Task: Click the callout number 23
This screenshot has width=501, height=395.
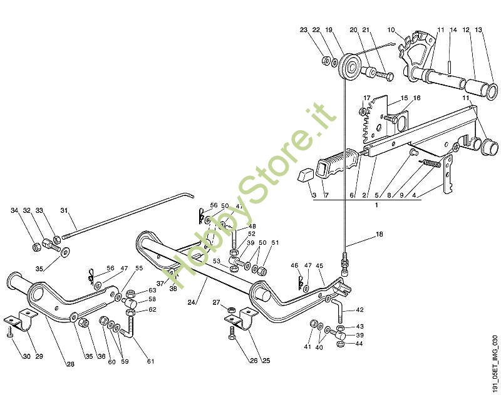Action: click(x=304, y=29)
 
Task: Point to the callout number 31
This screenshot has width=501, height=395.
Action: click(x=64, y=210)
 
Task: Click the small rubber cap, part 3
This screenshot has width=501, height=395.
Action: click(x=304, y=175)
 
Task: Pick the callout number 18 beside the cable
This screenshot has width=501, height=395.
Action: click(x=378, y=236)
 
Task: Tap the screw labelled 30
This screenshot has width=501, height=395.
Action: click(x=11, y=335)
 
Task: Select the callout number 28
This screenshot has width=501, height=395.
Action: click(x=70, y=364)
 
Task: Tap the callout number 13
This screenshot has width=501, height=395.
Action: click(x=478, y=29)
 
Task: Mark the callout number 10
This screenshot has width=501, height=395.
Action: click(x=391, y=29)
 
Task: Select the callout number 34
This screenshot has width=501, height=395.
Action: click(x=14, y=210)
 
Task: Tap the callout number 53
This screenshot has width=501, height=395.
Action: click(x=216, y=262)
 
